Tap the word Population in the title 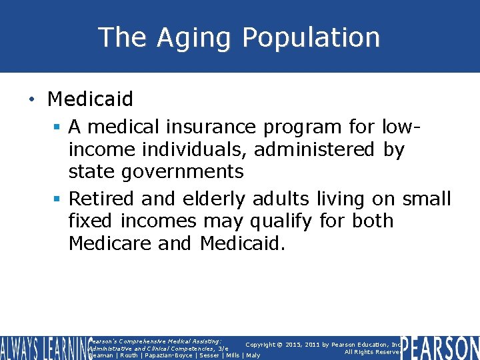(311, 37)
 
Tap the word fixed (91, 221)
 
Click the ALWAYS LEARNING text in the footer (43, 347)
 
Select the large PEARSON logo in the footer (441, 348)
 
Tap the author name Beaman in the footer (101, 355)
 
